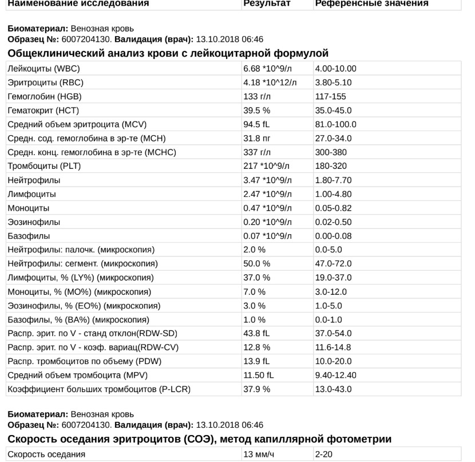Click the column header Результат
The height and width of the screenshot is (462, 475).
click(x=267, y=3)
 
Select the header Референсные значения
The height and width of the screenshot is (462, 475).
click(x=371, y=3)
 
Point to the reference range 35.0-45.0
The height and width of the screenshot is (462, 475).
click(x=333, y=110)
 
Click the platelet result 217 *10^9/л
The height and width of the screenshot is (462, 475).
click(x=267, y=166)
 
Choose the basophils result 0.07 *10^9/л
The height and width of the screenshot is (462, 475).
click(x=267, y=236)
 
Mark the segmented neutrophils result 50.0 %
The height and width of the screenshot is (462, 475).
click(x=256, y=264)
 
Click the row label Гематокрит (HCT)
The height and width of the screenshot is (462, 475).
click(x=43, y=110)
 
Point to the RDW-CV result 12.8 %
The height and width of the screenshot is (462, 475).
click(x=256, y=348)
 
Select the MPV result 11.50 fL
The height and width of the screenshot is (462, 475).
click(x=259, y=376)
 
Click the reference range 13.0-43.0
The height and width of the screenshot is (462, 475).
click(x=333, y=389)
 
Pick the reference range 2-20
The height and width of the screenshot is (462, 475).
click(x=323, y=455)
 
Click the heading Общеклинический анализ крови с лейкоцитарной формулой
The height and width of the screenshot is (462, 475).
click(x=168, y=53)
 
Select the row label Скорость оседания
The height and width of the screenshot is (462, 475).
click(x=46, y=455)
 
